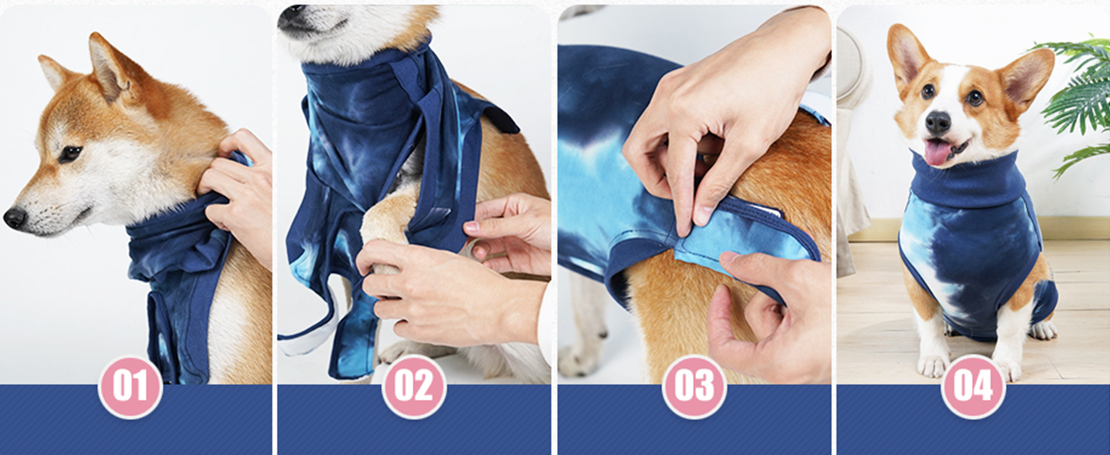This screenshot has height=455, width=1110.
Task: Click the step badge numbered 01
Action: [130, 387]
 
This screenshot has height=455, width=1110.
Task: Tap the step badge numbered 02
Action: [414, 387]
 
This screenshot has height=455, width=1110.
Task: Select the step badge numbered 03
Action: [694, 387]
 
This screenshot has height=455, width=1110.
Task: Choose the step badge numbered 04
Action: [973, 387]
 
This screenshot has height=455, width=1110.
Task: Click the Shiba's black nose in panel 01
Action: [14, 218]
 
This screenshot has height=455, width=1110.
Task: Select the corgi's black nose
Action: [938, 121]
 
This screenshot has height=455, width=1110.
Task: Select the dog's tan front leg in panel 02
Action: [387, 220]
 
